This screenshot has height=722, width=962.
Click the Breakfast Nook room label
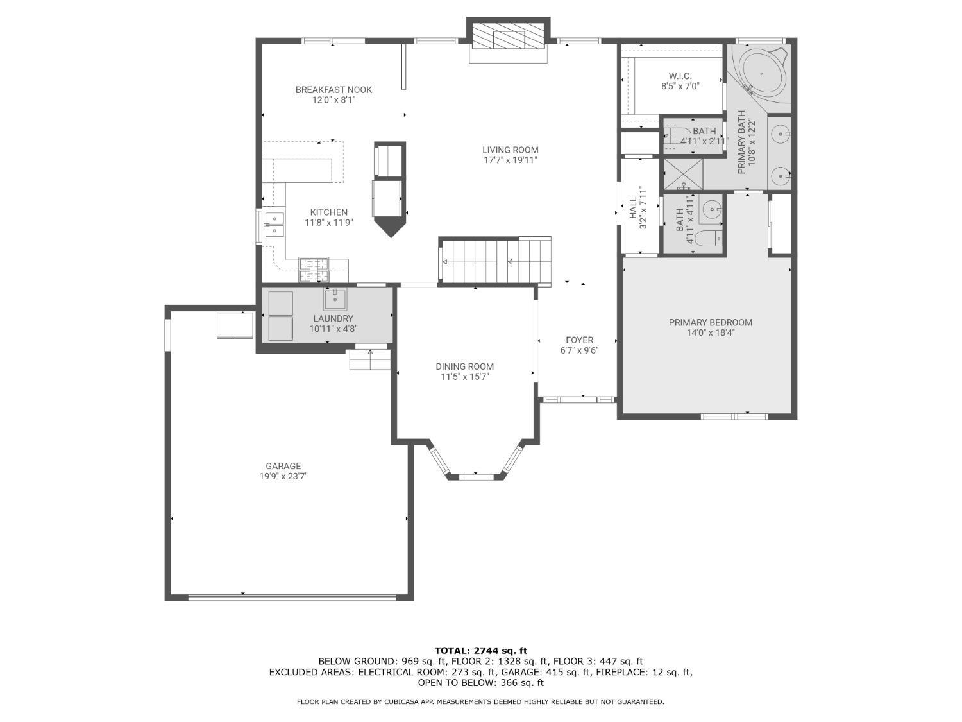(x=333, y=90)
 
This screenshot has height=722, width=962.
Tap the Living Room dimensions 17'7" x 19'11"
(x=511, y=160)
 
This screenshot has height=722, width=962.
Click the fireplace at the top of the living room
(x=508, y=39)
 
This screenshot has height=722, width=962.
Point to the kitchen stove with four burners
(x=314, y=270)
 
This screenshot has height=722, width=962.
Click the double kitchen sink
(x=274, y=223)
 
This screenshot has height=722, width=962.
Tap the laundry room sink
(x=335, y=299)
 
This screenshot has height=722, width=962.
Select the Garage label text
(x=283, y=467)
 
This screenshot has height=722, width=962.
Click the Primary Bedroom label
(x=710, y=323)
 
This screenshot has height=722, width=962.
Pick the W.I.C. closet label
(x=680, y=76)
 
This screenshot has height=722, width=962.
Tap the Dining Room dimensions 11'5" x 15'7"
(x=465, y=377)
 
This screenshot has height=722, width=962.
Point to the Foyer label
(x=579, y=340)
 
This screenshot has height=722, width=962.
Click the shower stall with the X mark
(x=683, y=174)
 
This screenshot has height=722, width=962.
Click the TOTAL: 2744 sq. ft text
(x=481, y=651)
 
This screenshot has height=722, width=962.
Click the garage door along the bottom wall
(x=292, y=597)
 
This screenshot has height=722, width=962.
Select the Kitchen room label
(x=329, y=212)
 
